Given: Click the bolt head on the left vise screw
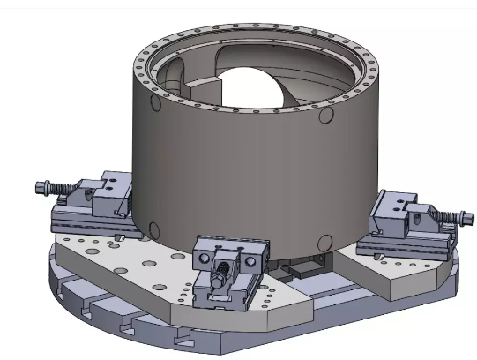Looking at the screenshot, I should pos(39,187).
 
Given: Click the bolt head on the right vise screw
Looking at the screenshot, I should pos(458,221).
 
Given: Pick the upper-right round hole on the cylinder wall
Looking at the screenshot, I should pos(325,115).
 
